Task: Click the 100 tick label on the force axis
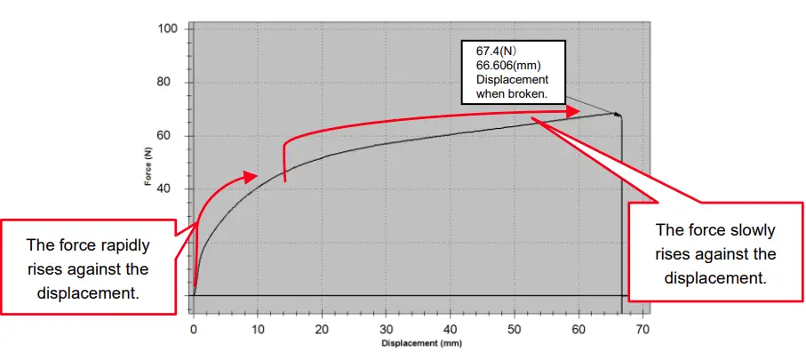169,28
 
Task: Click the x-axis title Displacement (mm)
421,342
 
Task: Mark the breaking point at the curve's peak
616,113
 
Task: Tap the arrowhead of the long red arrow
578,110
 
